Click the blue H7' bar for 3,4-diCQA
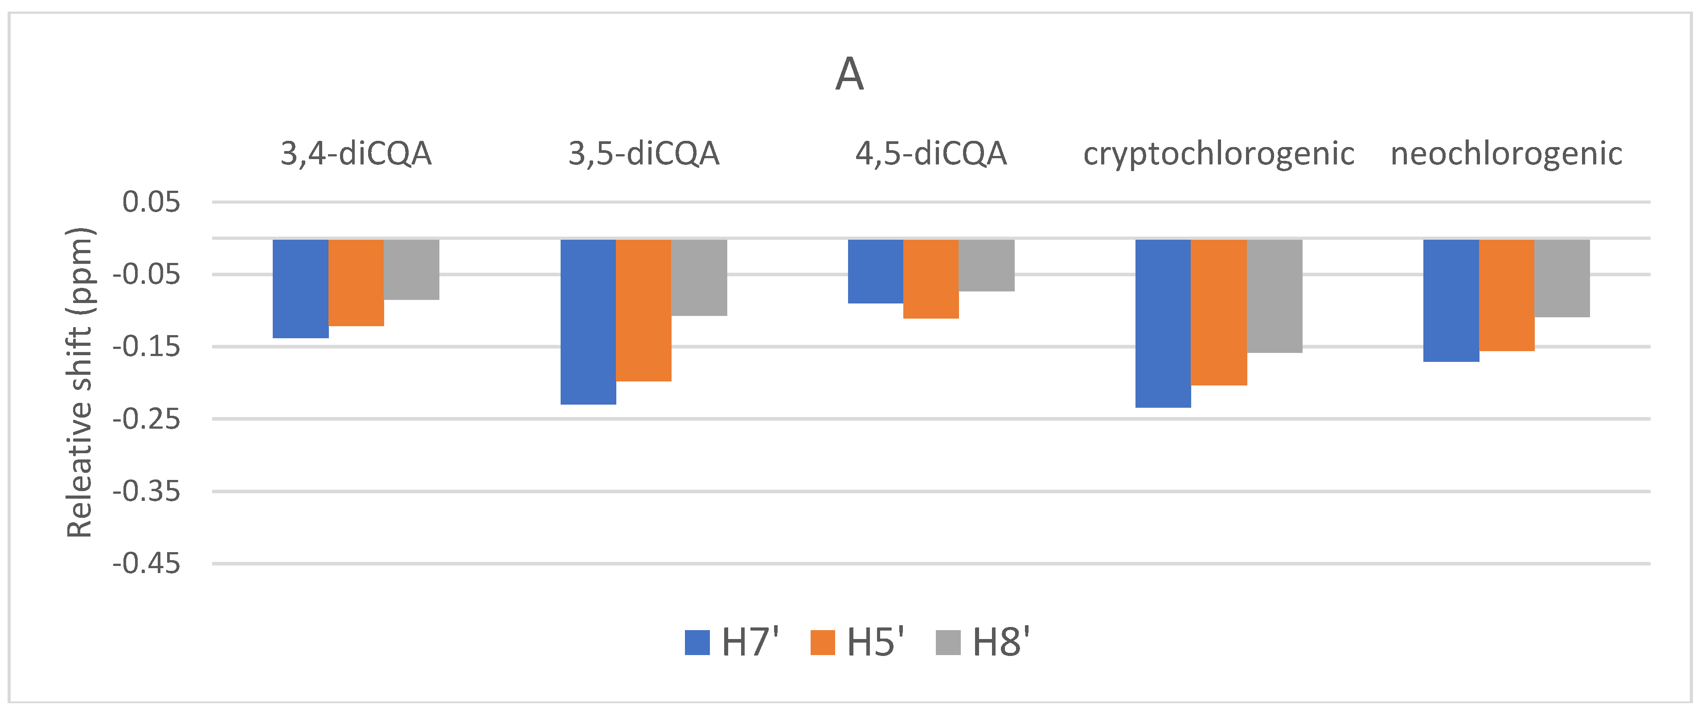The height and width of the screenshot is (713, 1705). point(300,289)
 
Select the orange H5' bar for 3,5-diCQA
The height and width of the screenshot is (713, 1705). point(644,310)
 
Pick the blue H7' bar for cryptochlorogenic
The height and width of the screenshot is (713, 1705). point(1163,323)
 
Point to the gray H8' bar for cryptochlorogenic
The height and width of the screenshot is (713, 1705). point(1275,296)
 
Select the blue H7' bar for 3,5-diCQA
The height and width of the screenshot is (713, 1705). point(588,322)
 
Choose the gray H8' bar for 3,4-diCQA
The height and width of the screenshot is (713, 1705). point(412,270)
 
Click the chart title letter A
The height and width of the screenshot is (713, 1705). point(850,74)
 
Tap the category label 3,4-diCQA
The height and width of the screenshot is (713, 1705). point(356,154)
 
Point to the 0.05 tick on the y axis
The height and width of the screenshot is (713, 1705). point(152,202)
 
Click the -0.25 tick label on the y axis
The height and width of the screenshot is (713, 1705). point(146,419)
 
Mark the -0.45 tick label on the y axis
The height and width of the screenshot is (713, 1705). point(146,564)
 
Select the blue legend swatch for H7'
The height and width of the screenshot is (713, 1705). point(697,642)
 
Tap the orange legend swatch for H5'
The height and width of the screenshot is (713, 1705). point(823,642)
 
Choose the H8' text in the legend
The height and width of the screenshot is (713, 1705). point(1001,642)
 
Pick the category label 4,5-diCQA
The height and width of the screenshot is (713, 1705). point(931,154)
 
